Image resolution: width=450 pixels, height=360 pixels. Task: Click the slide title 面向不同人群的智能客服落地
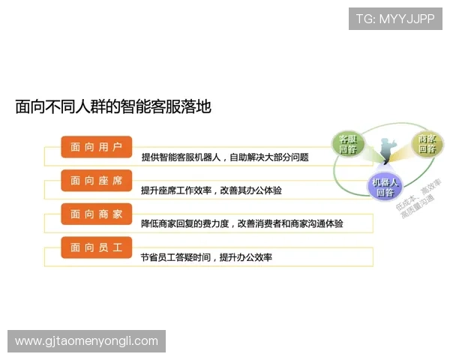coord(113,106)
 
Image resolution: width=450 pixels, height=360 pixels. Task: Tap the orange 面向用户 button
coord(96,147)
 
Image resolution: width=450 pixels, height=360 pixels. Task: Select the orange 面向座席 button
coord(96,180)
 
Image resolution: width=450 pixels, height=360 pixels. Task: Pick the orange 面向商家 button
coord(96,214)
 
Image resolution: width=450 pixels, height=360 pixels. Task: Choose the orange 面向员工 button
coord(96,247)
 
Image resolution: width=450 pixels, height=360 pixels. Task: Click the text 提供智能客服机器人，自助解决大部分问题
coord(225,158)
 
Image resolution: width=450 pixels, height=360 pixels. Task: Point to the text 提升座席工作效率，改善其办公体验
coord(211,190)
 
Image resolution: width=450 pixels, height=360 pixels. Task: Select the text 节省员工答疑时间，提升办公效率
coord(206,257)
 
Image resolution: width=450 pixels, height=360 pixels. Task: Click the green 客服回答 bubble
coord(347,144)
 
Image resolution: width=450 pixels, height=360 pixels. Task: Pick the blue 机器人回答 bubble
coord(385,187)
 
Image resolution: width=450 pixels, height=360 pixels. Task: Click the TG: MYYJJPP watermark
coord(395,19)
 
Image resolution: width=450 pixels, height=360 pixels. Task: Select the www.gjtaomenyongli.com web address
coord(87,341)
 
